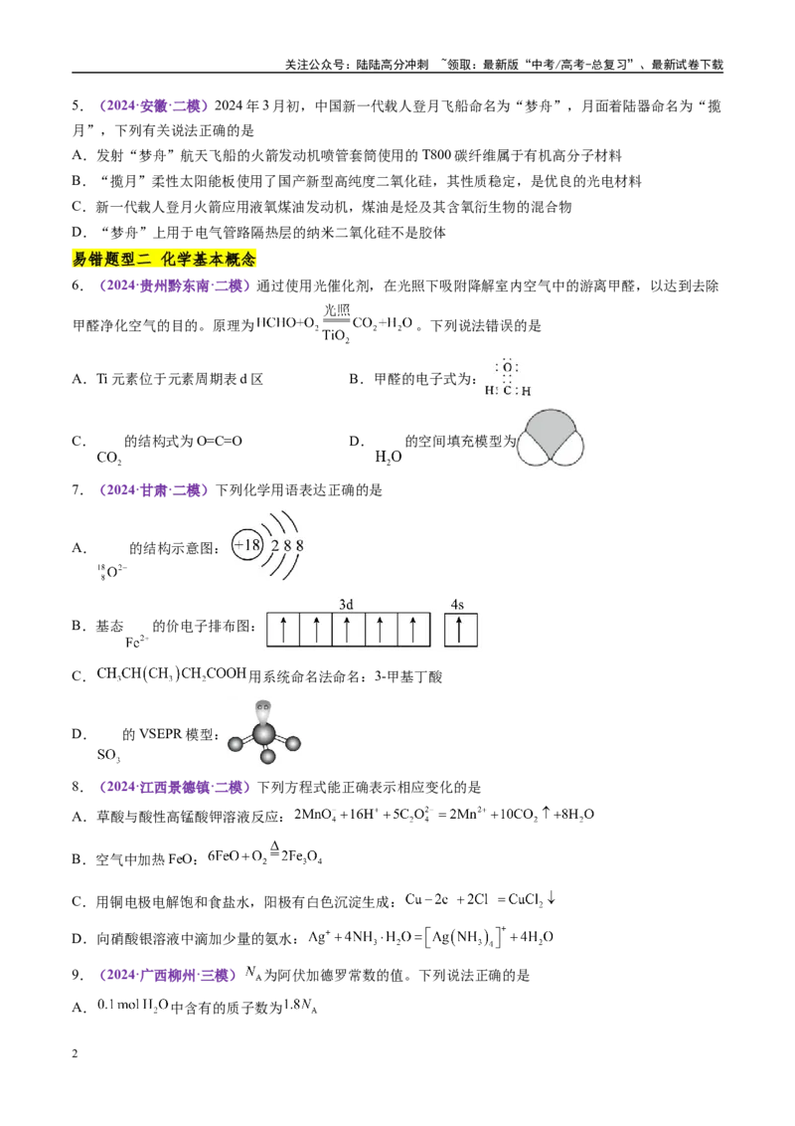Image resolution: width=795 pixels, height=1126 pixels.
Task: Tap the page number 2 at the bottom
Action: (x=75, y=1053)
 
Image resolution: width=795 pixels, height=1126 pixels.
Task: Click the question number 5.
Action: (x=77, y=105)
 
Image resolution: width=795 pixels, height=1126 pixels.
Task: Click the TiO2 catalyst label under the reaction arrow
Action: (x=336, y=336)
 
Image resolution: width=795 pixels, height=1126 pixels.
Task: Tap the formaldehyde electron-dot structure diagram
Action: (x=508, y=377)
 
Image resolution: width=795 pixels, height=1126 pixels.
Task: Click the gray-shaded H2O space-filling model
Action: (x=550, y=438)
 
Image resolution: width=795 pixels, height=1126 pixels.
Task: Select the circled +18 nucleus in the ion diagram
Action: (x=247, y=545)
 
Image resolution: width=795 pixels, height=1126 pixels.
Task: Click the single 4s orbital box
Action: (x=460, y=630)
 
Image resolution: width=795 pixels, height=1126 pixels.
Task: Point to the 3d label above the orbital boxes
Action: (x=346, y=605)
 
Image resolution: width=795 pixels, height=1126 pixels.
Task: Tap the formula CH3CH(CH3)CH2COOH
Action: (x=172, y=674)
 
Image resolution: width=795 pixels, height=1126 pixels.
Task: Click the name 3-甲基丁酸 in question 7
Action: (x=408, y=676)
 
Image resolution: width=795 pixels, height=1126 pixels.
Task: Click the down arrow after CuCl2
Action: (x=552, y=897)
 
